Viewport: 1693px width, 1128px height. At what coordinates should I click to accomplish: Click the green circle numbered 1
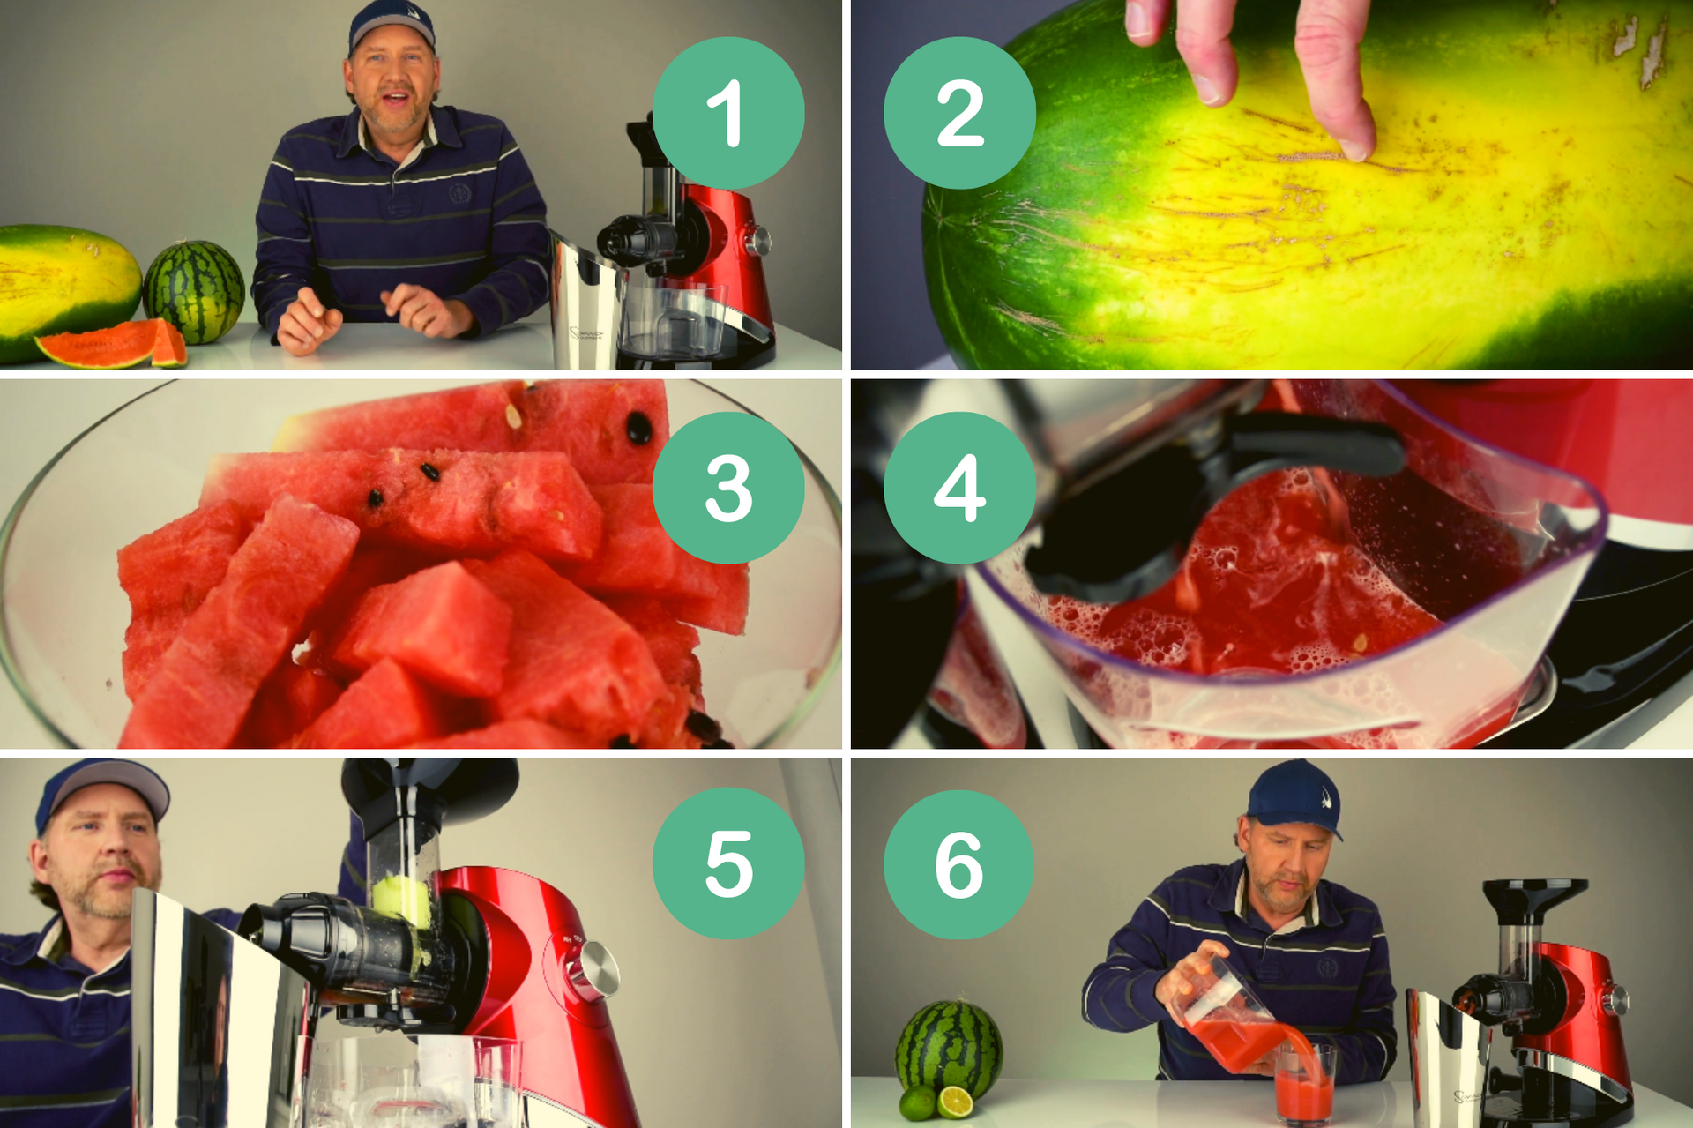727,113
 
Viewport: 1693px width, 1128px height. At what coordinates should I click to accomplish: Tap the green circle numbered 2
959,113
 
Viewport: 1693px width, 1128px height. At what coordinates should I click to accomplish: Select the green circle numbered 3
727,488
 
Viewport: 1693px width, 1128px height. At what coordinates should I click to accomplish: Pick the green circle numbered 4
959,488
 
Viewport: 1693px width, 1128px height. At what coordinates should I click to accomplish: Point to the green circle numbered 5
727,863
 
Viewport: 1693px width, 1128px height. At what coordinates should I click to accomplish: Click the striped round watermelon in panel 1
193,291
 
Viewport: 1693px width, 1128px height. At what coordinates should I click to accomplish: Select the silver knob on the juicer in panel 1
757,240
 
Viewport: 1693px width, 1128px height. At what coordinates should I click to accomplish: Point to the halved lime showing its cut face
955,1101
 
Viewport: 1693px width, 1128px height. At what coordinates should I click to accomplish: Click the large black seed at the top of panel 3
639,428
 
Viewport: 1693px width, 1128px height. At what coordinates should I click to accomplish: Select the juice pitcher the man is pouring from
1226,1014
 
